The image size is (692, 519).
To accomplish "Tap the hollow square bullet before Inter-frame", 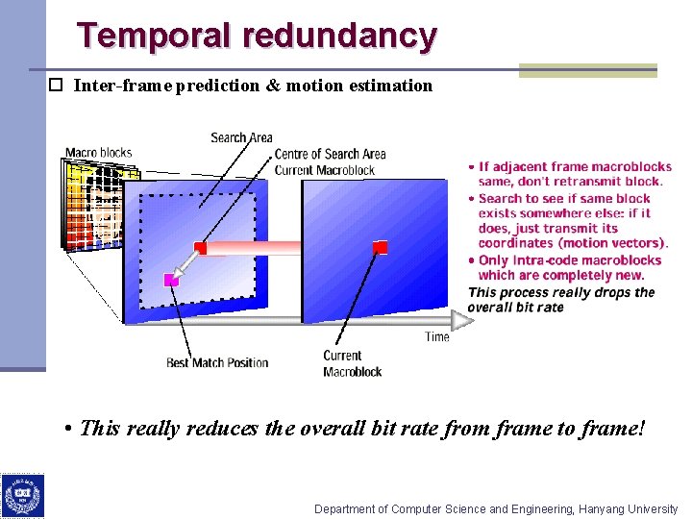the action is [x=56, y=85].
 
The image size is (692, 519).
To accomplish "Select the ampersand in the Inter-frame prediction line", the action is [x=273, y=86].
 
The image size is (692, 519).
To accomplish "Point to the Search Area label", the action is [x=241, y=137].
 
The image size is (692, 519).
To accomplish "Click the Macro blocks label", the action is [x=98, y=152].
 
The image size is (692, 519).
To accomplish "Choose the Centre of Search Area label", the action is [x=330, y=154].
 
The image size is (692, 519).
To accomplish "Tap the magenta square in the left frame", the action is [x=171, y=280].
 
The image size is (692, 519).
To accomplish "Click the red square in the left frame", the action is [x=200, y=248].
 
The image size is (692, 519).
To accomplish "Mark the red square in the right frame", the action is [x=380, y=248].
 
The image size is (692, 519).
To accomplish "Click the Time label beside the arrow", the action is [x=437, y=336].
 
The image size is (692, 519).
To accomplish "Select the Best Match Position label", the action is [x=217, y=362].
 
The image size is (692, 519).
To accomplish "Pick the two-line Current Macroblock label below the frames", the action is [x=352, y=363].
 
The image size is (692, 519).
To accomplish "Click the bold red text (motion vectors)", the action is [x=611, y=243].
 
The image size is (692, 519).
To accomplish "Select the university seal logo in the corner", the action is [x=23, y=496].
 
